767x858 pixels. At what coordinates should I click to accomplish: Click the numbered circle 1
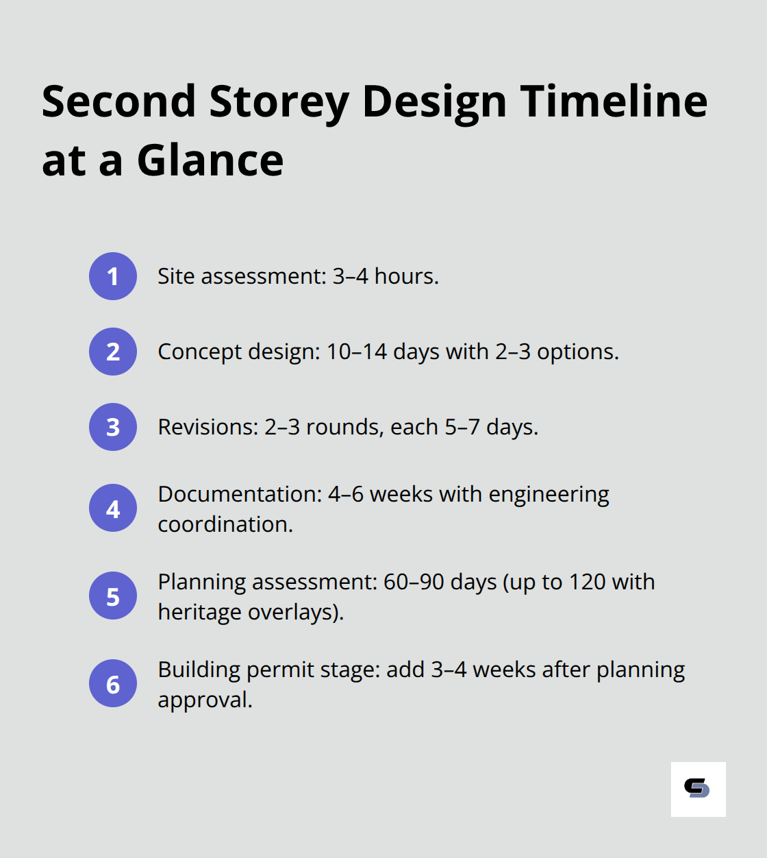coord(113,276)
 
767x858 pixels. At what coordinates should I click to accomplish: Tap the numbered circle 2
coord(113,352)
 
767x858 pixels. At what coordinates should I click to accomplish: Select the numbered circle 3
coord(113,427)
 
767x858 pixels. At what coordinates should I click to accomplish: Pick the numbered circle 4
coord(113,508)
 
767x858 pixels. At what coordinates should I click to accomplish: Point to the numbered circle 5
coord(113,596)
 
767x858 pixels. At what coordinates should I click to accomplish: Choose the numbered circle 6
coord(113,683)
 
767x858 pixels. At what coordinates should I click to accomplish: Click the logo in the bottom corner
coord(698,789)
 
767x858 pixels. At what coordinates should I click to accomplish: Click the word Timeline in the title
coord(614,101)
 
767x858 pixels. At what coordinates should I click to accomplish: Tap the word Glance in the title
coord(210,161)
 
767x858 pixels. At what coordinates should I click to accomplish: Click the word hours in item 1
coord(405,276)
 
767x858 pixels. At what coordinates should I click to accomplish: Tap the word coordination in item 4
coord(225,524)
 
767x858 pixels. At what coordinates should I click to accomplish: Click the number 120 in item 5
coord(587,582)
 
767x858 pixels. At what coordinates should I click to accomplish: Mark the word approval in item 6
coord(204,700)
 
